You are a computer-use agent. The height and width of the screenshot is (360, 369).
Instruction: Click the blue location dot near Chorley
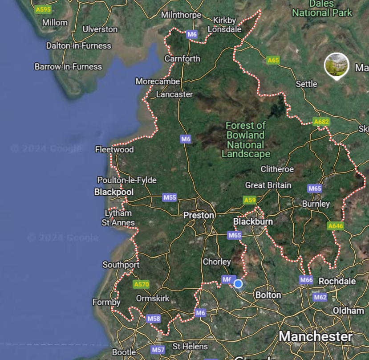tap(238, 283)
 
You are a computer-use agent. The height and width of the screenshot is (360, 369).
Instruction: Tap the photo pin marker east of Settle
tap(337, 65)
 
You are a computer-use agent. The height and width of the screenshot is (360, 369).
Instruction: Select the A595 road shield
tap(43, 9)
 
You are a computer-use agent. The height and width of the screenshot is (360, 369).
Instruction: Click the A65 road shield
tap(273, 60)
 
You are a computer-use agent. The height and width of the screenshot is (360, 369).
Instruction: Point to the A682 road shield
tap(321, 122)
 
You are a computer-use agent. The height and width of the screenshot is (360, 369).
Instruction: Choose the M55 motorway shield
tap(170, 197)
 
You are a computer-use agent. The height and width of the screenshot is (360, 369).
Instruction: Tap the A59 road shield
tap(250, 200)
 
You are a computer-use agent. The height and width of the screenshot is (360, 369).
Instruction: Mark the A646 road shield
tap(336, 226)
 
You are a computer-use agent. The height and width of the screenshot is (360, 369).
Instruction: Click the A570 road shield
tap(141, 284)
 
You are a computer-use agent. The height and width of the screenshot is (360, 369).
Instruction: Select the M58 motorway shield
tap(153, 318)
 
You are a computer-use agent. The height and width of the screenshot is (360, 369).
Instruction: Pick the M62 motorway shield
tap(320, 297)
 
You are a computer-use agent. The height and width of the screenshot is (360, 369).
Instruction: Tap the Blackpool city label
tap(114, 192)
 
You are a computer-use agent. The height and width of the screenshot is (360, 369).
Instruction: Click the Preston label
tap(199, 215)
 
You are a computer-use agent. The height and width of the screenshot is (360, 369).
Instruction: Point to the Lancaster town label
tap(174, 94)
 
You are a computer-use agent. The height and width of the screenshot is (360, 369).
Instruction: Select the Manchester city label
tap(316, 336)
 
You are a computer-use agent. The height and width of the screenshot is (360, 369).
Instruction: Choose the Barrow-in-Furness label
tap(68, 67)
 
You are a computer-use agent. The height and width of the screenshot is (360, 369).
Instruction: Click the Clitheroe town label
tap(277, 169)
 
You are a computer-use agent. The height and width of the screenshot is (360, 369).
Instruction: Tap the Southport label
tap(121, 265)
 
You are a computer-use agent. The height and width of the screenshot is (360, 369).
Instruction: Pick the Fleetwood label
tap(114, 149)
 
